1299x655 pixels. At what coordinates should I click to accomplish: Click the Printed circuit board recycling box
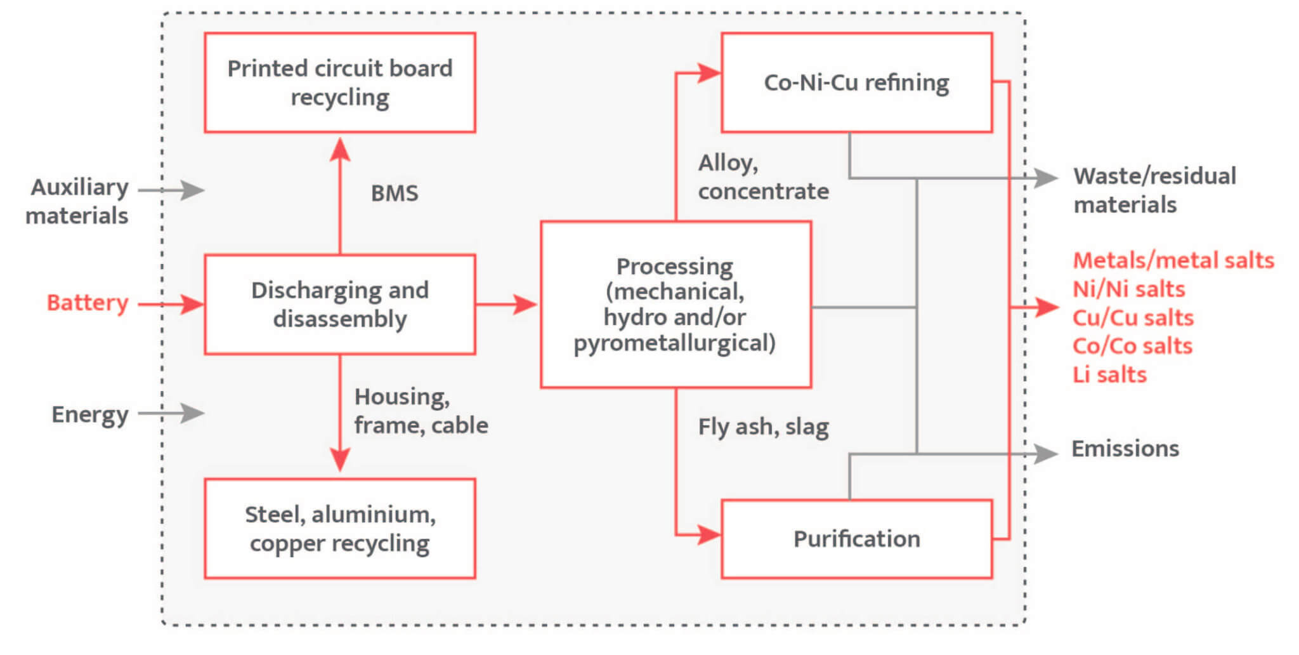tap(340, 83)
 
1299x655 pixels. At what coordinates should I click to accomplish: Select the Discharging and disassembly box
tap(340, 304)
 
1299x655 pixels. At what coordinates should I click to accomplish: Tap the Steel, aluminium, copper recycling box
tap(340, 528)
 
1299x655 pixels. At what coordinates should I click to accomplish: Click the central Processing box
tap(676, 304)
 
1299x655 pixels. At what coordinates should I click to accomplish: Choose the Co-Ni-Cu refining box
tap(856, 83)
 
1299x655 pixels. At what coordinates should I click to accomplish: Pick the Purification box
tap(856, 539)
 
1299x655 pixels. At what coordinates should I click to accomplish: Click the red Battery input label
tap(88, 303)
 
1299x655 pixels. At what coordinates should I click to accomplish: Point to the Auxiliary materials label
tap(77, 201)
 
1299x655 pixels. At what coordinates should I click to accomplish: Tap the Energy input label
tap(89, 414)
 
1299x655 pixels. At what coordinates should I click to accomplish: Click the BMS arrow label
tap(395, 193)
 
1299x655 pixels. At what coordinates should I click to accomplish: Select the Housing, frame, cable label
tap(421, 411)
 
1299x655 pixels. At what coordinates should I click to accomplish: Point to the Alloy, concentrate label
tap(763, 177)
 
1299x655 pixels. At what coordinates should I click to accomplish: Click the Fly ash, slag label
tap(763, 427)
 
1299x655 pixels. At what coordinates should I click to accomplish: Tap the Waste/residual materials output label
tap(1154, 190)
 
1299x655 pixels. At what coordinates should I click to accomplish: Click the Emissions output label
tap(1125, 449)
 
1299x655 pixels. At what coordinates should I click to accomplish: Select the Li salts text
tap(1109, 374)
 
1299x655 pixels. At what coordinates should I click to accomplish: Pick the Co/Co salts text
tap(1132, 346)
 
